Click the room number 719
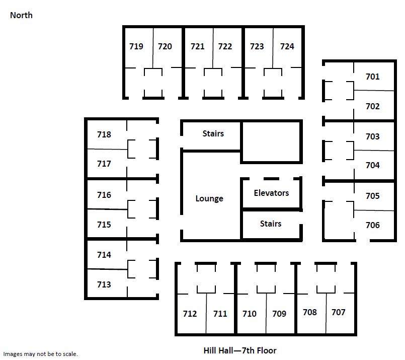pyautogui.click(x=136, y=46)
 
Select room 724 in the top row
pyautogui.click(x=287, y=46)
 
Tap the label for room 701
pyautogui.click(x=372, y=77)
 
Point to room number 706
pyautogui.click(x=372, y=225)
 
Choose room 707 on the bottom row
pyautogui.click(x=339, y=312)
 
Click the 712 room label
pyautogui.click(x=190, y=314)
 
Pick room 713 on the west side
pyautogui.click(x=104, y=284)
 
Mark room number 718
pyautogui.click(x=104, y=134)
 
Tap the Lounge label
pyautogui.click(x=209, y=198)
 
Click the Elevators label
pyautogui.click(x=271, y=193)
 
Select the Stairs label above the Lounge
pyautogui.click(x=213, y=133)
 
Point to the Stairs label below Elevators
pyautogui.click(x=271, y=224)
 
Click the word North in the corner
pyautogui.click(x=21, y=15)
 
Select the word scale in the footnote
pyautogui.click(x=70, y=354)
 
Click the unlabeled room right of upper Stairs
pyautogui.click(x=271, y=141)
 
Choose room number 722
pyautogui.click(x=225, y=46)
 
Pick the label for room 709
pyautogui.click(x=279, y=314)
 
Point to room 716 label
pyautogui.click(x=104, y=195)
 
